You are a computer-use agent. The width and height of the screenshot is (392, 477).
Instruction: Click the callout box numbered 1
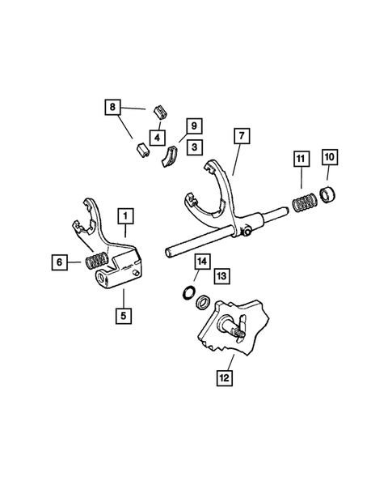click(124, 216)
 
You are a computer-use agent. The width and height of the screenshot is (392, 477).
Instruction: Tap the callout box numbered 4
click(158, 136)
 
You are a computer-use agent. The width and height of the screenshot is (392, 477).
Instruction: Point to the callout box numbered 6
click(59, 261)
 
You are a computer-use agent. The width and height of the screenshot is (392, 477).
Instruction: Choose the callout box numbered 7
click(241, 135)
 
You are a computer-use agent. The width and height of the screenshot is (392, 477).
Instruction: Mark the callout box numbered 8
click(112, 107)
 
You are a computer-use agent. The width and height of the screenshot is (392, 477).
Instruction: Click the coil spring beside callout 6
click(95, 262)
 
